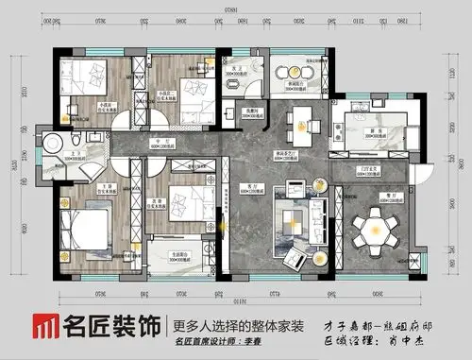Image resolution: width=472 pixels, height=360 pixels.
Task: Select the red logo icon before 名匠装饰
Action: coord(45,326)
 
